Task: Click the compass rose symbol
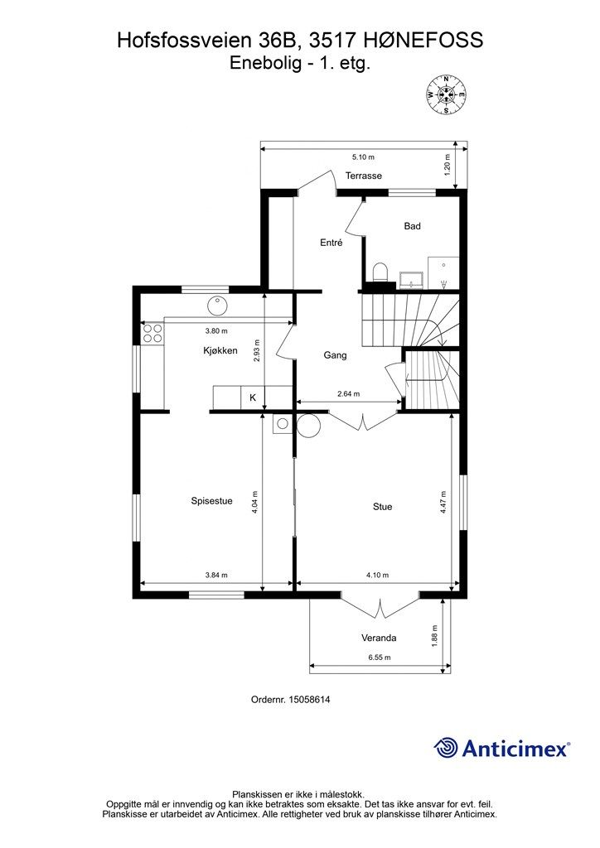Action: coord(447,95)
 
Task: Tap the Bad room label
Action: coord(412,226)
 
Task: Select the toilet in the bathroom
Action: coord(380,272)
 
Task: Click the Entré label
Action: coord(331,243)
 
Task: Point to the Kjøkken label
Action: coord(220,351)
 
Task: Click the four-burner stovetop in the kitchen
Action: coord(152,333)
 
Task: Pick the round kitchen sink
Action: coord(217,306)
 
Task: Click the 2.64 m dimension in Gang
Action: coord(348,393)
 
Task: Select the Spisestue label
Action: coord(211,501)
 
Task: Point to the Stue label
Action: coord(383,507)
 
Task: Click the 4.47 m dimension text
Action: coord(443,502)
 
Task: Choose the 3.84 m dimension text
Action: coord(216,575)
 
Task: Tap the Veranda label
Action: coord(379,638)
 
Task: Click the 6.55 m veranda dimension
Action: coord(380,658)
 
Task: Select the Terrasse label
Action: coord(364,176)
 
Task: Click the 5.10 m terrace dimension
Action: coord(363,157)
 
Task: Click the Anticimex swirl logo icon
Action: coord(446,748)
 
